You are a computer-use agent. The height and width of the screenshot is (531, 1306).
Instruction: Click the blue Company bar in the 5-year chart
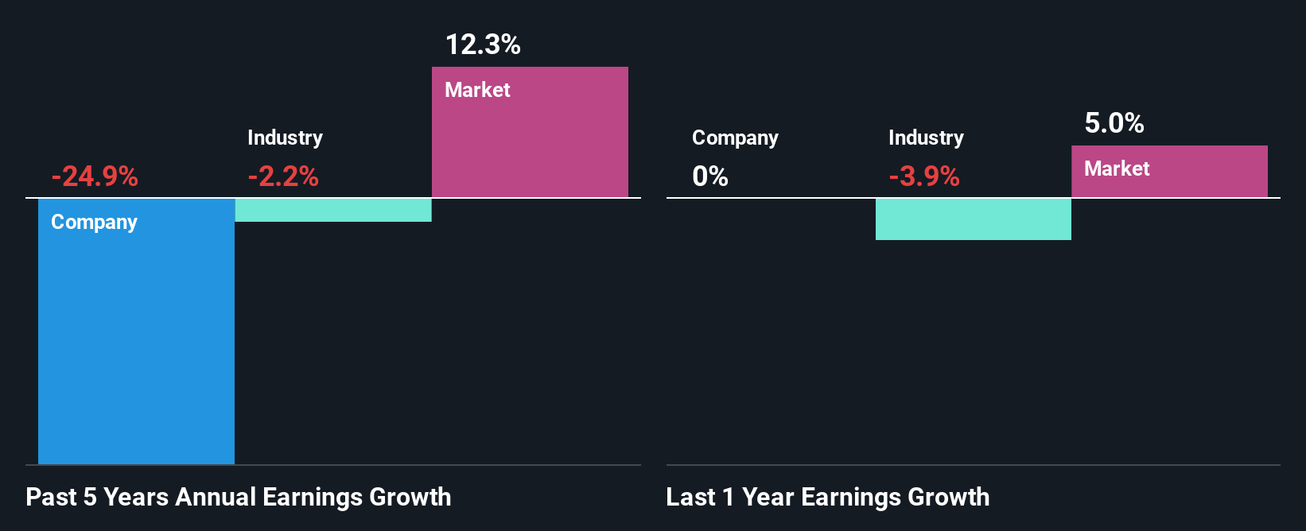point(136,342)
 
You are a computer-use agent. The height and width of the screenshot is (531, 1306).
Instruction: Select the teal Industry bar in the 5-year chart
point(333,210)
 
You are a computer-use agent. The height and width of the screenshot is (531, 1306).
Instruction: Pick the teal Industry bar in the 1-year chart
point(973,219)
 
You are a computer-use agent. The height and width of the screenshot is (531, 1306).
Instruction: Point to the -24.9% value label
point(95,176)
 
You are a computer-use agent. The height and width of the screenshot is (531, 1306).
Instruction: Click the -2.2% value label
point(283,176)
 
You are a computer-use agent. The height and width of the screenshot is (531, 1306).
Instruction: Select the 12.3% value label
point(483,45)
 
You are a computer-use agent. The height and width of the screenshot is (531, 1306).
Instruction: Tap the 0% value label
point(710,176)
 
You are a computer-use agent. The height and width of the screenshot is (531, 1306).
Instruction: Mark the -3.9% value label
point(924,176)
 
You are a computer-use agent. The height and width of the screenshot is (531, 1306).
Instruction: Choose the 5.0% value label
point(1114,123)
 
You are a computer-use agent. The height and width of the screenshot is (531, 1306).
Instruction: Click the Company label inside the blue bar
point(94,223)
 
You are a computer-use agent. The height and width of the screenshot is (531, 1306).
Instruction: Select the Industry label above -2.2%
point(285,138)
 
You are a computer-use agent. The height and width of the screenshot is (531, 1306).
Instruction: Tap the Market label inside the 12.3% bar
point(477,90)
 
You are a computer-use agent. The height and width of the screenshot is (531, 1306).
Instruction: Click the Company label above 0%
point(735,138)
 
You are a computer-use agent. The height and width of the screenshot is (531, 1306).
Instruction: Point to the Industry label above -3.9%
point(926,138)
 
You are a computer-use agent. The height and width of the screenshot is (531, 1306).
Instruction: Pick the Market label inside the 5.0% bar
point(1117,169)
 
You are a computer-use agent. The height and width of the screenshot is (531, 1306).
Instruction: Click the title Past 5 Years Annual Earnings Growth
point(239,498)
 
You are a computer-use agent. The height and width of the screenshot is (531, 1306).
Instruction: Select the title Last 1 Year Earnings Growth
point(828,498)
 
